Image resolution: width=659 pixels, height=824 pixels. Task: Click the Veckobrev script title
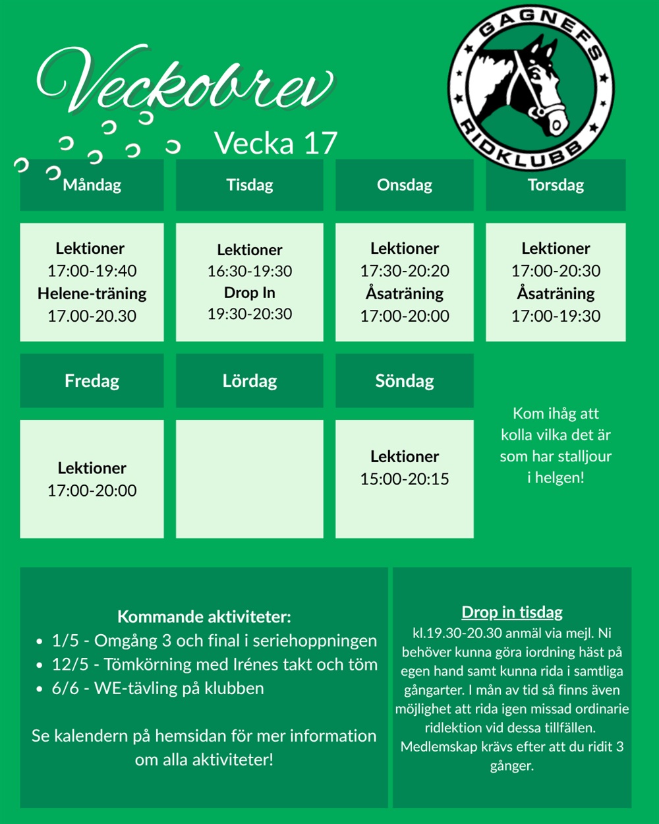pyautogui.click(x=185, y=82)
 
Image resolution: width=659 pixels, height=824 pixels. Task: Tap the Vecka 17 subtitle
pyautogui.click(x=275, y=143)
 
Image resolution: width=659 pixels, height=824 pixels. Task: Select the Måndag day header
pyautogui.click(x=92, y=185)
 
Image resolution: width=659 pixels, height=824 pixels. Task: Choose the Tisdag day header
pyautogui.click(x=250, y=185)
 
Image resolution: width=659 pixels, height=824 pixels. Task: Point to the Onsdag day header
pyautogui.click(x=405, y=185)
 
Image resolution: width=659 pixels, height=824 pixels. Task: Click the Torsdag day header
pyautogui.click(x=556, y=185)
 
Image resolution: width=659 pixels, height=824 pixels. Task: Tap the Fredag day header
pyautogui.click(x=92, y=381)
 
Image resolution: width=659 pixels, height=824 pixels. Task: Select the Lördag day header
pyautogui.click(x=250, y=381)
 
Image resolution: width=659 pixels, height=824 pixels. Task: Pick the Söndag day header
pyautogui.click(x=405, y=381)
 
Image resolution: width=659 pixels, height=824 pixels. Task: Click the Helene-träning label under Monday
pyautogui.click(x=92, y=293)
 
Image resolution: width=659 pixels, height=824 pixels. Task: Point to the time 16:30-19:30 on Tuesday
pyautogui.click(x=250, y=271)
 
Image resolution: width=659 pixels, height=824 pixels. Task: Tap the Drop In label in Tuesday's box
pyautogui.click(x=250, y=293)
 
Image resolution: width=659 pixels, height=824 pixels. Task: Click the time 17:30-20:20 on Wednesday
pyautogui.click(x=405, y=271)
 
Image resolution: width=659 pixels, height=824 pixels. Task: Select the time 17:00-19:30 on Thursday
pyautogui.click(x=556, y=316)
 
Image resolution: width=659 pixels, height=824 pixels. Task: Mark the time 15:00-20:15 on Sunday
pyautogui.click(x=405, y=479)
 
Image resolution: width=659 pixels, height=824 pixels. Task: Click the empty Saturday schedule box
pyautogui.click(x=250, y=479)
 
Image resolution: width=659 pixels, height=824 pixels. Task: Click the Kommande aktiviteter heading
pyautogui.click(x=204, y=617)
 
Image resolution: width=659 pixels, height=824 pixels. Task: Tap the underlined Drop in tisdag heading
pyautogui.click(x=512, y=612)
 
